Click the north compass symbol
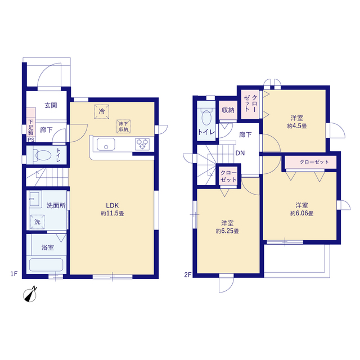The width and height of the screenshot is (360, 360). [x=30, y=295]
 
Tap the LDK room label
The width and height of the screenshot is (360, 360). [x=112, y=205]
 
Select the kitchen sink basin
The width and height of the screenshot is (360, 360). [x=106, y=145]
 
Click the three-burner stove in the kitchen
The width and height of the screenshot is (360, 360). [x=142, y=144]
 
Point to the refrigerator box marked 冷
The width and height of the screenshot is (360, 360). [x=102, y=111]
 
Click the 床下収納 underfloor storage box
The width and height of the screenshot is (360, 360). [x=124, y=127]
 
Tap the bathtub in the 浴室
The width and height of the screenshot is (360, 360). [x=46, y=265]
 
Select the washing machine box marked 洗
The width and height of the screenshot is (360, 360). [x=37, y=222]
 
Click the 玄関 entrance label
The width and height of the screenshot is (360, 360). [x=51, y=105]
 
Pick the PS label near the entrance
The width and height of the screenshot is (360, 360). [x=31, y=139]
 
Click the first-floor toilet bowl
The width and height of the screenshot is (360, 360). [x=43, y=155]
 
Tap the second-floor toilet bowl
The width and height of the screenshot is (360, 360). [x=206, y=117]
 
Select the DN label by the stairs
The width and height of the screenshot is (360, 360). [x=240, y=153]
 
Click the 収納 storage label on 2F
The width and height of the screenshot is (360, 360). [x=228, y=110]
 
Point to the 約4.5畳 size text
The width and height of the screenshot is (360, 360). [x=297, y=126]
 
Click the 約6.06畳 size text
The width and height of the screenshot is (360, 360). [x=301, y=213]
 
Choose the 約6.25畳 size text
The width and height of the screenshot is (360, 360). [x=227, y=231]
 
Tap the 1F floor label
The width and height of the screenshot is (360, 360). [x=13, y=274]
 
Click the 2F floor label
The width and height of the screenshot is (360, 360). [x=188, y=274]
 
